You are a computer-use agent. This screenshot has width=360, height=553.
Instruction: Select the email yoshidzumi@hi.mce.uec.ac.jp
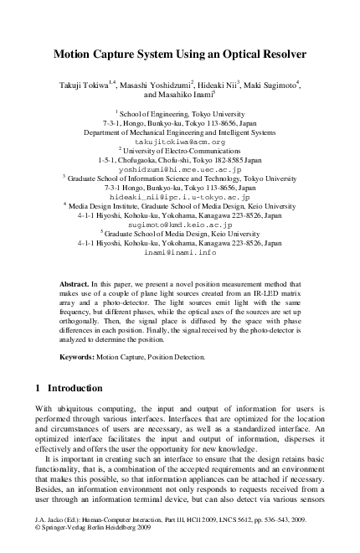[180, 169]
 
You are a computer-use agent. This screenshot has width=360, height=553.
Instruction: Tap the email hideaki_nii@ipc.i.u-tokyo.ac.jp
[180, 197]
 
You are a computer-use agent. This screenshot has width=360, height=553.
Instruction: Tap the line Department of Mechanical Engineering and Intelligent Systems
[180, 132]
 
